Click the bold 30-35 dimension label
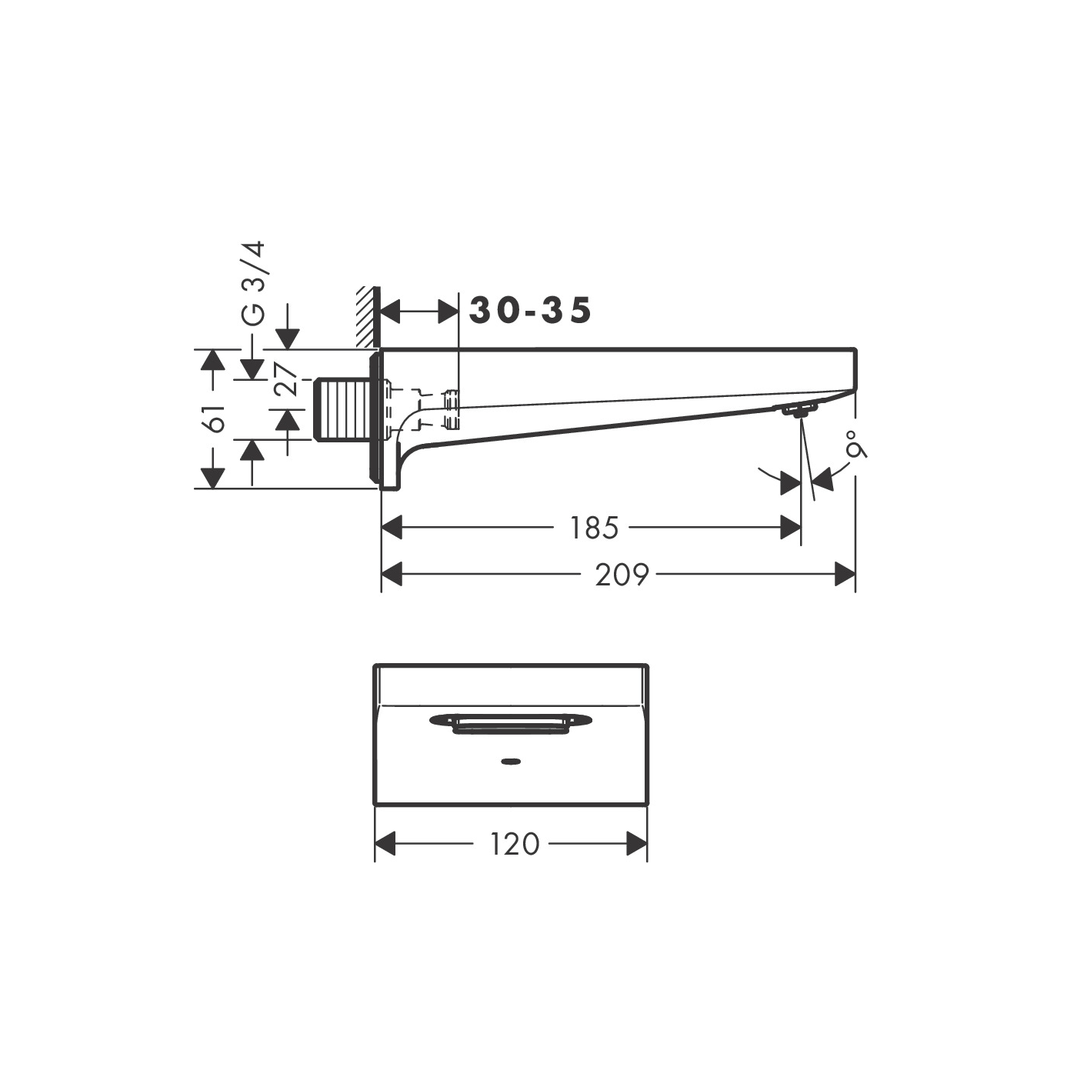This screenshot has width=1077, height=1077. (531, 311)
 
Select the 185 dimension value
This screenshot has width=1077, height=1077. (594, 528)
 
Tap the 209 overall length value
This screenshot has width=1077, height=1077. (622, 575)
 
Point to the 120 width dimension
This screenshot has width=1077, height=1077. (515, 844)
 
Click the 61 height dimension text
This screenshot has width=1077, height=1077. (216, 418)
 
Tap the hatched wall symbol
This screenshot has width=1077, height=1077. (367, 317)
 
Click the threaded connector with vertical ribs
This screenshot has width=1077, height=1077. (343, 409)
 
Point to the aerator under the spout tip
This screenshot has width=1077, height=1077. (799, 410)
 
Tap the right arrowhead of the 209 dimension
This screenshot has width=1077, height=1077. (845, 574)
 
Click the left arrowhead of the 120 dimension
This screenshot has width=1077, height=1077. (385, 844)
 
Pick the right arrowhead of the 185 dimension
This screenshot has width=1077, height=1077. (791, 528)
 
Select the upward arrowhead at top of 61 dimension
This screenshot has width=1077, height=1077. (212, 359)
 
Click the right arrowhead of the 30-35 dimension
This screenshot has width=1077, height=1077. (448, 312)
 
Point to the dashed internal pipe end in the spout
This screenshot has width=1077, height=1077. (451, 409)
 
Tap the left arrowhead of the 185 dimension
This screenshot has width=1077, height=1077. (392, 528)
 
